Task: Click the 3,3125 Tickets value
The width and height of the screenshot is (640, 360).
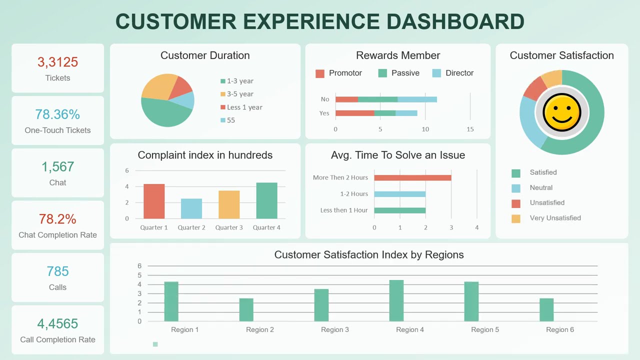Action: pyautogui.click(x=57, y=62)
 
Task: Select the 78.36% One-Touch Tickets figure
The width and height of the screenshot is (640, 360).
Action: pyautogui.click(x=57, y=114)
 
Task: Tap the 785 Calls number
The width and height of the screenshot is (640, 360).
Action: pyautogui.click(x=57, y=271)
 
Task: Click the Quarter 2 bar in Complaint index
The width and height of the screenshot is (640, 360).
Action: pyautogui.click(x=191, y=209)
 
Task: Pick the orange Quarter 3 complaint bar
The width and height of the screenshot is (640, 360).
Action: pyautogui.click(x=229, y=205)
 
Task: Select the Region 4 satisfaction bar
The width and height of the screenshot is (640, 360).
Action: pyautogui.click(x=396, y=300)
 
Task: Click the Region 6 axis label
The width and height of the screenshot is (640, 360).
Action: pyautogui.click(x=560, y=329)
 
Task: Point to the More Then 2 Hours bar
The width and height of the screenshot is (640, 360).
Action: pyautogui.click(x=412, y=177)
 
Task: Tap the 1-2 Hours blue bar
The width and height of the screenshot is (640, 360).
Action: pyautogui.click(x=399, y=194)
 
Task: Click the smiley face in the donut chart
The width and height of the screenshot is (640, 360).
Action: pyautogui.click(x=561, y=112)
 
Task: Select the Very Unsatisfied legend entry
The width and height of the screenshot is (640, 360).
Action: pyautogui.click(x=555, y=218)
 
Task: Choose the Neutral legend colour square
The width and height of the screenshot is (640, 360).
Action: pyautogui.click(x=516, y=188)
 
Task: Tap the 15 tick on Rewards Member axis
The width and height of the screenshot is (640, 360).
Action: pyautogui.click(x=470, y=129)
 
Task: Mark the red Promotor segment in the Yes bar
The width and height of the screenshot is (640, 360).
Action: pyautogui.click(x=354, y=113)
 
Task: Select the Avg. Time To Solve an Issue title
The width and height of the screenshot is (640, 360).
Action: pyautogui.click(x=398, y=155)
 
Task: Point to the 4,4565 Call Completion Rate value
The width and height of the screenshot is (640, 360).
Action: pyautogui.click(x=57, y=324)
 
